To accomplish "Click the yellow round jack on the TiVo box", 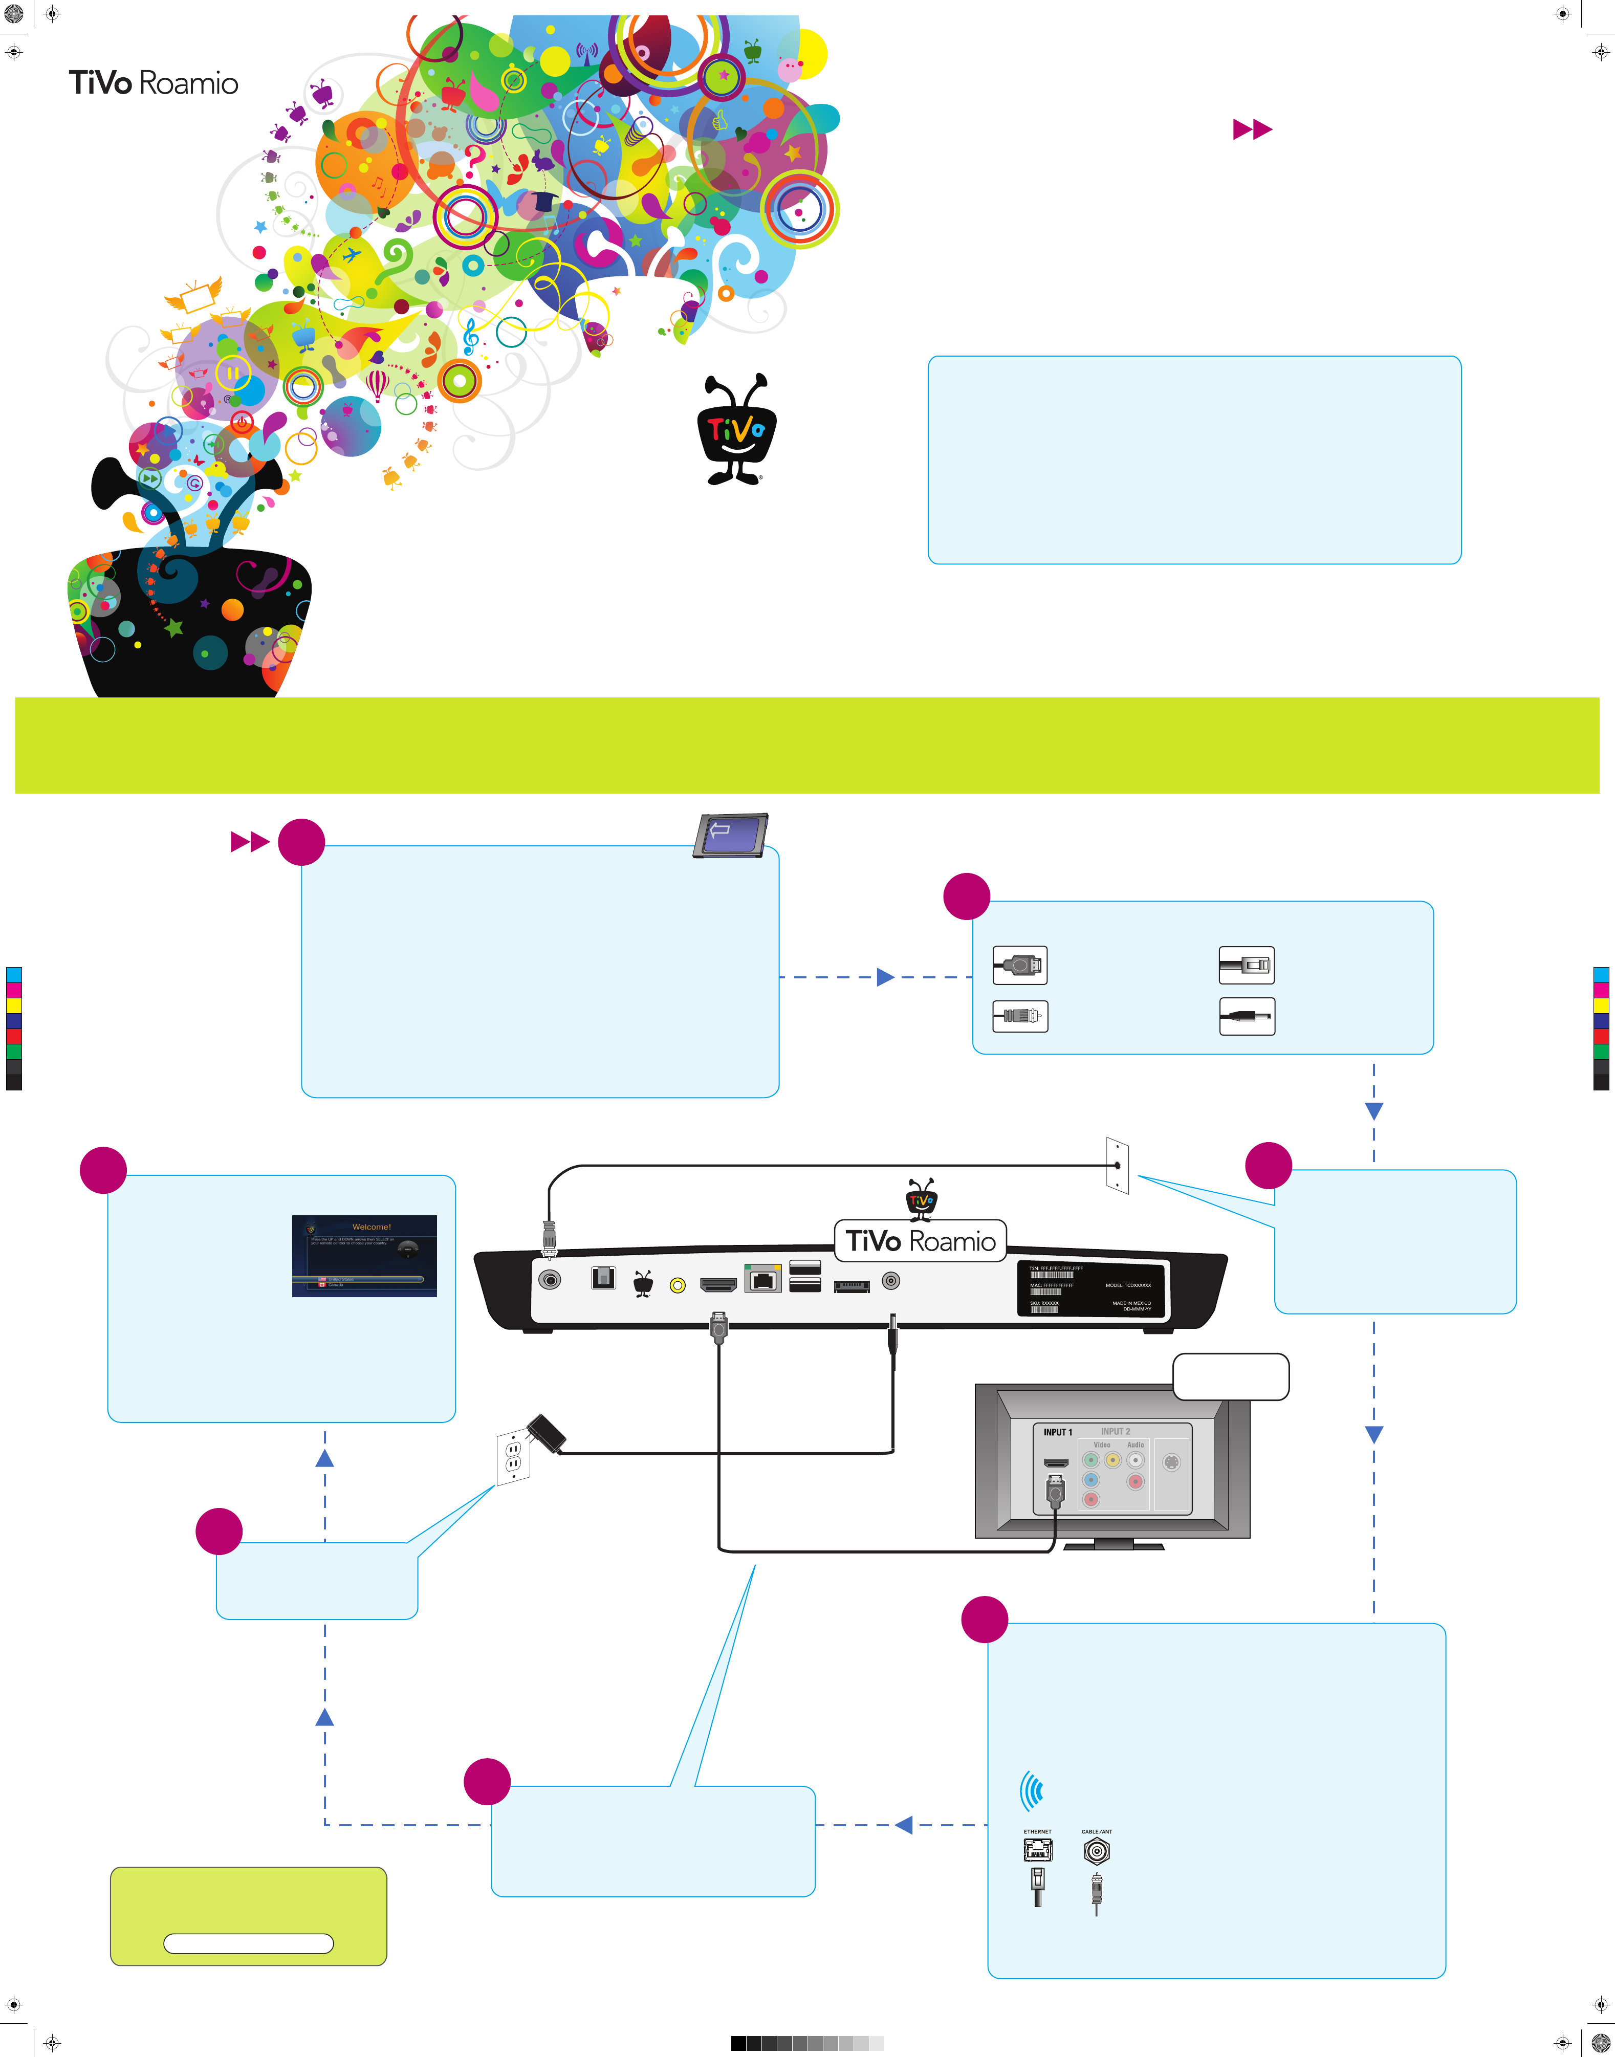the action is [x=677, y=1285].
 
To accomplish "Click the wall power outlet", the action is [x=512, y=1457].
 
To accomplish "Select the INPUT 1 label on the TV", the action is [x=1057, y=1432].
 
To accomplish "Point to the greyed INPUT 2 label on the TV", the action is [x=1115, y=1431].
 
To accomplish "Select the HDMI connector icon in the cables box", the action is [x=1019, y=965].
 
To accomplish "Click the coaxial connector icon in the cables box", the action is [x=1019, y=1016].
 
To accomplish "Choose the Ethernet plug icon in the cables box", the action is [x=1246, y=965].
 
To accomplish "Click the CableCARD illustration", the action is [x=730, y=835].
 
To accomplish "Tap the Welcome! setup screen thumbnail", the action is [x=364, y=1255].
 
